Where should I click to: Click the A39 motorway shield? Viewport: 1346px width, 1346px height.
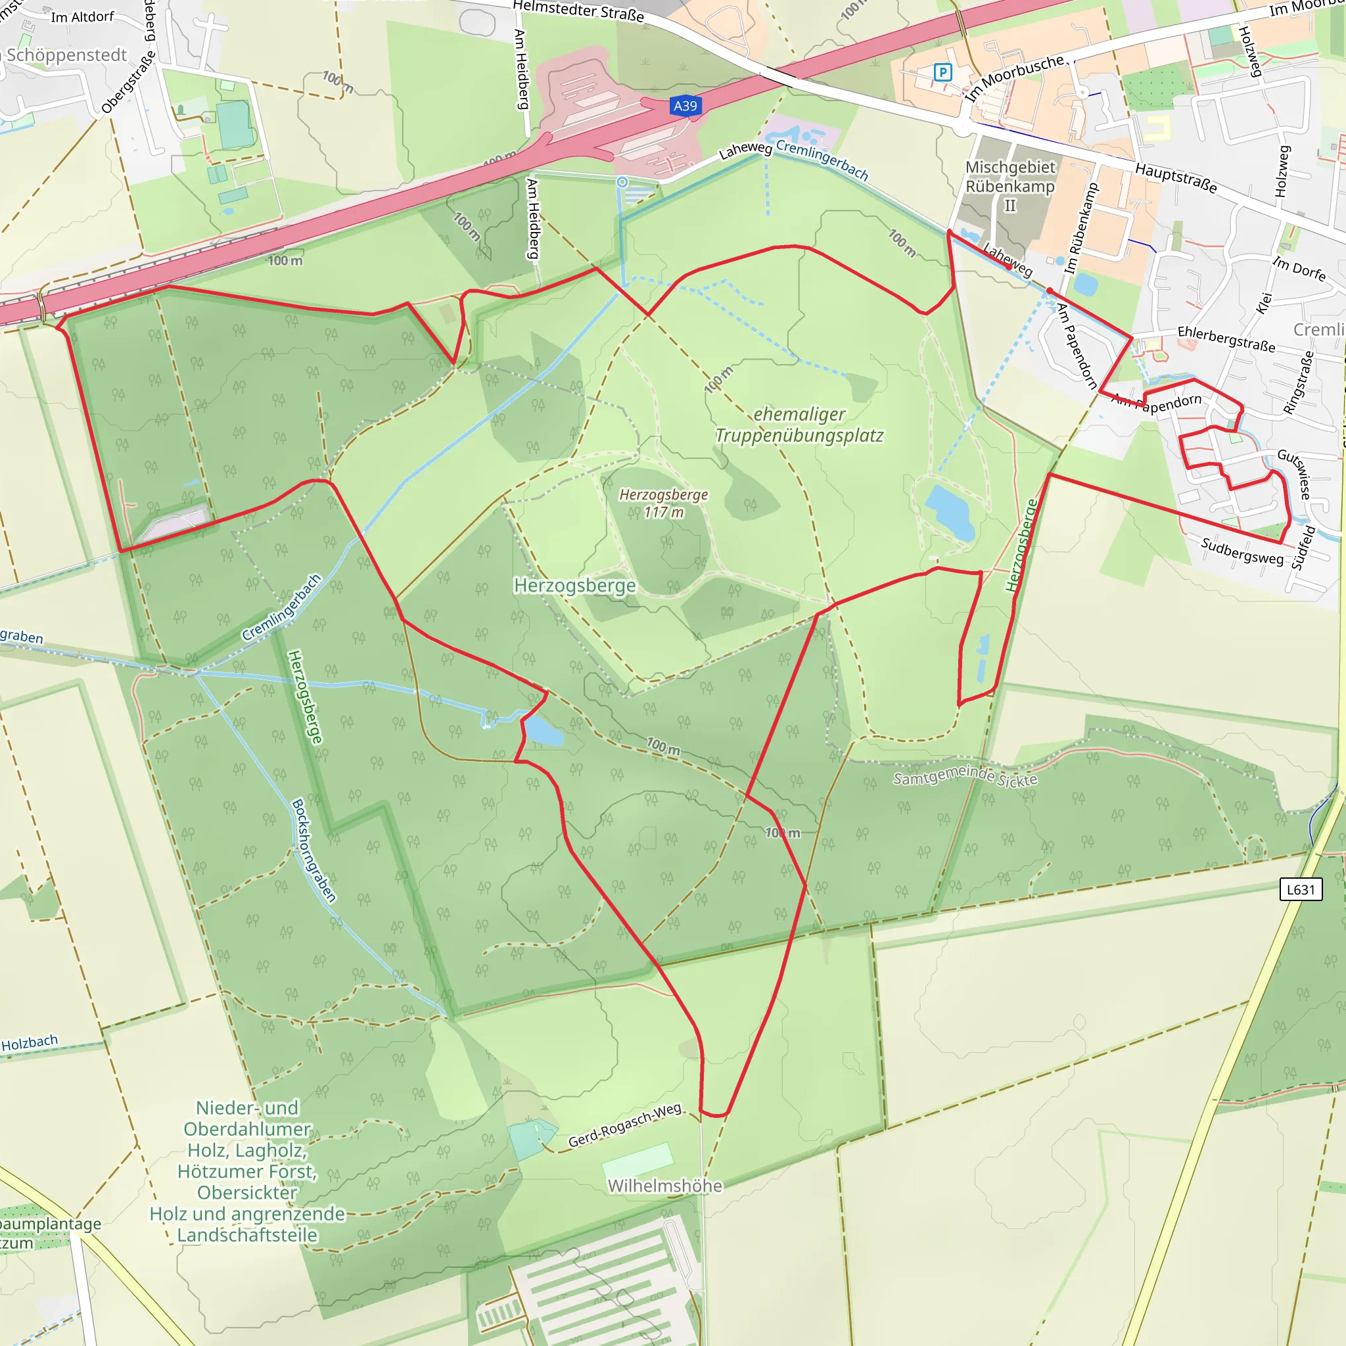[685, 106]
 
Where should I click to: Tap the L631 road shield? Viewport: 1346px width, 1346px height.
[1301, 889]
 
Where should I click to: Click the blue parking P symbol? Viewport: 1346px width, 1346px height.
[942, 72]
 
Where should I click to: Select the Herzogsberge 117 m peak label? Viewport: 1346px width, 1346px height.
[663, 503]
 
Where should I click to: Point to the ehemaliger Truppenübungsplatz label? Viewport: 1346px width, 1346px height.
[799, 425]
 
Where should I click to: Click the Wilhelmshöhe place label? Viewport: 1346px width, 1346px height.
[664, 1186]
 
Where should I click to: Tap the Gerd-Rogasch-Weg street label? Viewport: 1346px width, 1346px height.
[624, 1125]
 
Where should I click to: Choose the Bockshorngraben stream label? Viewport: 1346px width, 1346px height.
[313, 850]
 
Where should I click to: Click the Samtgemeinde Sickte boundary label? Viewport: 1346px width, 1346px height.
[965, 776]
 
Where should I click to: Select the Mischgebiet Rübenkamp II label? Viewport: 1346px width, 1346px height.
[1010, 186]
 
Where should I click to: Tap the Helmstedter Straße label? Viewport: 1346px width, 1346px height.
[578, 11]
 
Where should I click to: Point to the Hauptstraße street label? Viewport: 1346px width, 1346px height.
[1176, 177]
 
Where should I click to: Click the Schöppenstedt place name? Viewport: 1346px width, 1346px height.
[67, 55]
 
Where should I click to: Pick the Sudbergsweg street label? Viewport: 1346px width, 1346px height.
[1242, 550]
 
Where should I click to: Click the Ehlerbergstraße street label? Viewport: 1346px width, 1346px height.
[1226, 338]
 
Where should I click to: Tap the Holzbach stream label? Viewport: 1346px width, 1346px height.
[30, 1043]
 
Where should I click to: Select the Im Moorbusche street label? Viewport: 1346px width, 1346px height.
[1014, 78]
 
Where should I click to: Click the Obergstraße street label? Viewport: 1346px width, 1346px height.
[128, 81]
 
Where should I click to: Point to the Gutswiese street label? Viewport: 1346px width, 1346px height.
[1295, 474]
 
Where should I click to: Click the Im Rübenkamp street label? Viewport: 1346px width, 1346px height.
[1081, 228]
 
